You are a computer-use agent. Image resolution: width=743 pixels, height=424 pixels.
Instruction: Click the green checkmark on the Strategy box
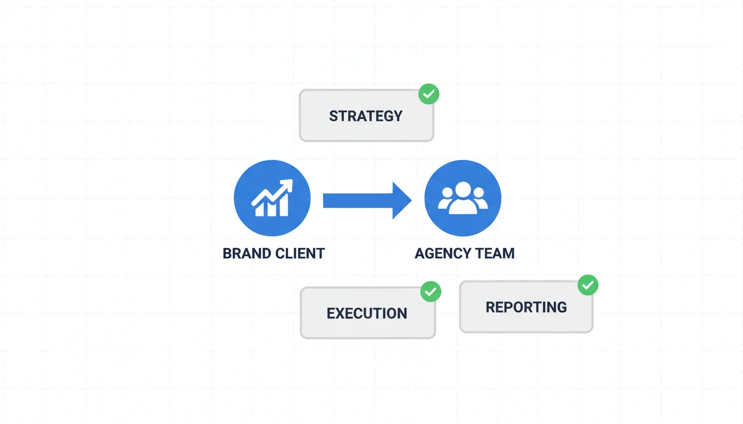428,94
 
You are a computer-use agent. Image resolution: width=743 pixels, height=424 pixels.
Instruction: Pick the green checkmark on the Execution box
431,291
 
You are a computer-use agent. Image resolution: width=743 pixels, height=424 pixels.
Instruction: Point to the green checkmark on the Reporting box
588,285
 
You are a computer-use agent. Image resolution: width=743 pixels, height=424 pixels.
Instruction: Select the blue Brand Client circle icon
272,198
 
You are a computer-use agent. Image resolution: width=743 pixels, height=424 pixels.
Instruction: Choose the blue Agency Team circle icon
463,198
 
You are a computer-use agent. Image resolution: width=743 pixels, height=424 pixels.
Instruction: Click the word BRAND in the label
246,254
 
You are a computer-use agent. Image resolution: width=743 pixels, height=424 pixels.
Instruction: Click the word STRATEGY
366,116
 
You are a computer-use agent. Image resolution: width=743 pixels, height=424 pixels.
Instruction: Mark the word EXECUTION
367,314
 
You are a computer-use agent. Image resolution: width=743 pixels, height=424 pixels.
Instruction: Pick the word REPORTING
526,307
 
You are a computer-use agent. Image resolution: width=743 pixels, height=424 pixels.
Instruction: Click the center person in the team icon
463,198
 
